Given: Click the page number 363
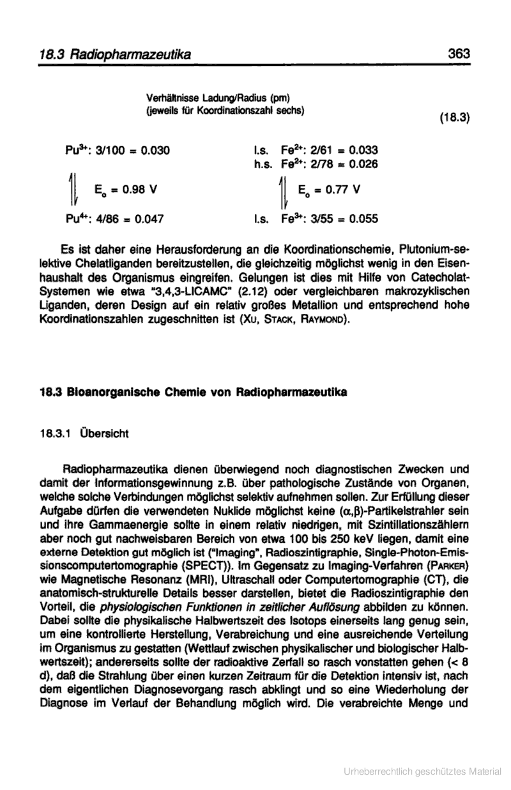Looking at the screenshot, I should tap(459, 54).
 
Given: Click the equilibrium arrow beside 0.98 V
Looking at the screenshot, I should tap(77, 190).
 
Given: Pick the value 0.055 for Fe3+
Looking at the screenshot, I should tap(363, 219).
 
